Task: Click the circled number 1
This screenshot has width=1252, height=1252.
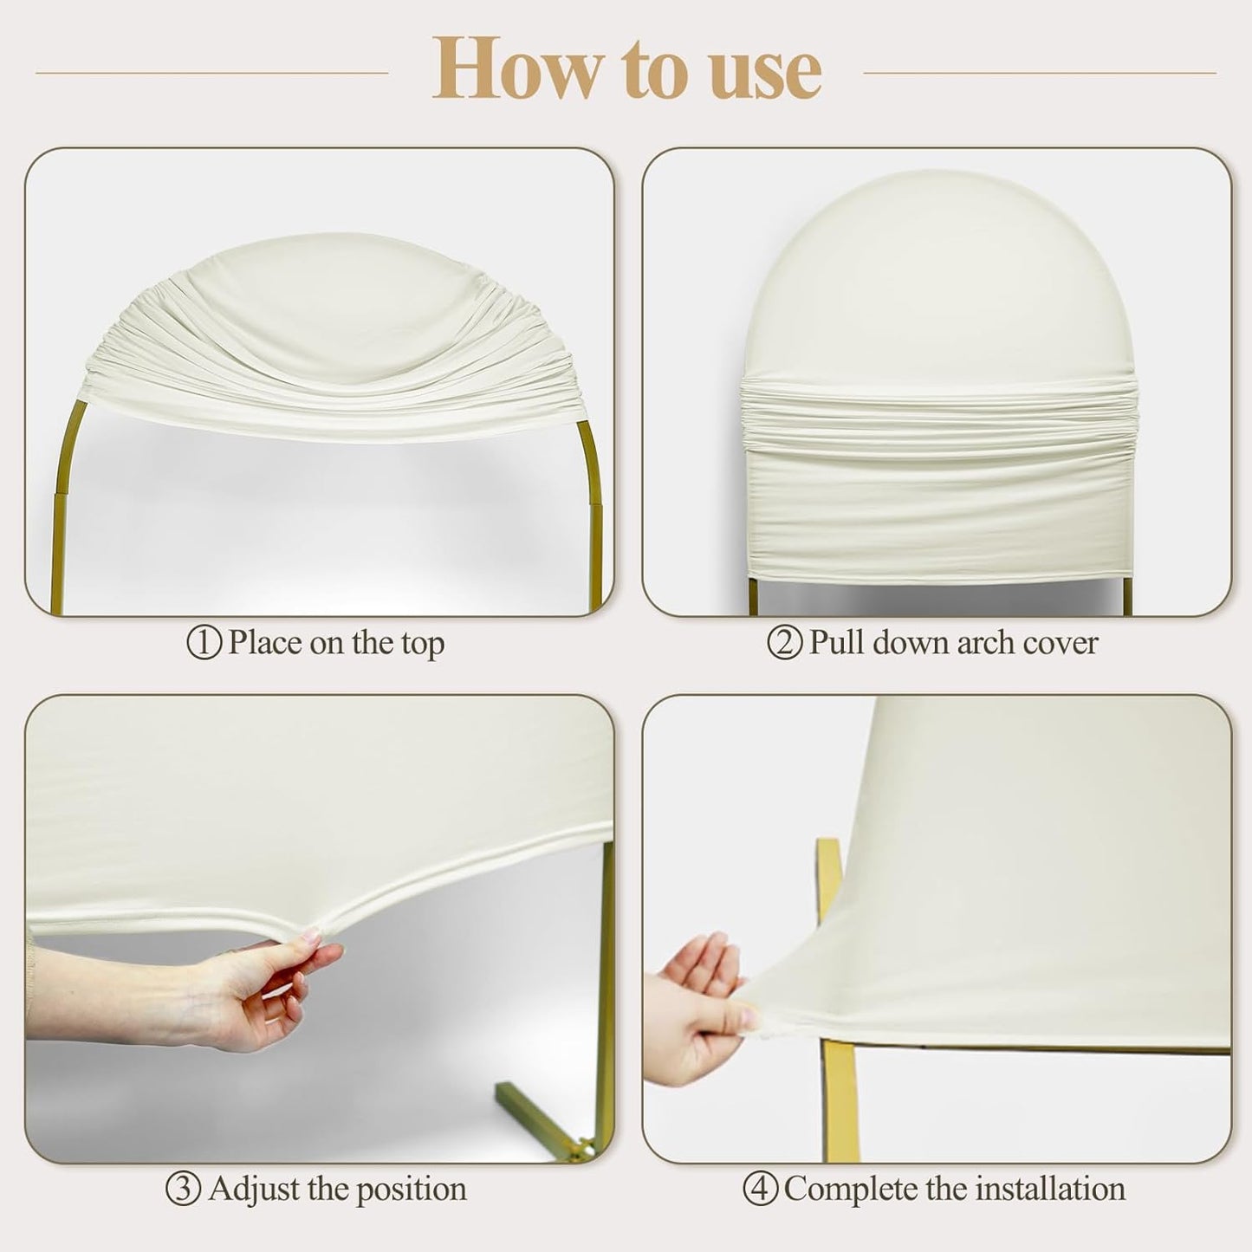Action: click(x=204, y=644)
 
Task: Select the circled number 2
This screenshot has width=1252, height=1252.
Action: click(x=785, y=644)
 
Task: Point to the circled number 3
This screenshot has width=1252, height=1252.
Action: click(x=184, y=1190)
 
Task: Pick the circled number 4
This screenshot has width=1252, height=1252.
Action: click(x=760, y=1190)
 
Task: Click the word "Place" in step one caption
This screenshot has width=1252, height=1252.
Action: click(x=266, y=644)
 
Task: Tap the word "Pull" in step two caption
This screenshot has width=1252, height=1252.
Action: click(x=836, y=644)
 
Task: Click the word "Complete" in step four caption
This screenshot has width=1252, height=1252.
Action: click(x=850, y=1190)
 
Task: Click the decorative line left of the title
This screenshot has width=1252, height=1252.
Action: click(x=211, y=73)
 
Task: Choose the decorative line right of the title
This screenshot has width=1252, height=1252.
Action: click(x=1040, y=73)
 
